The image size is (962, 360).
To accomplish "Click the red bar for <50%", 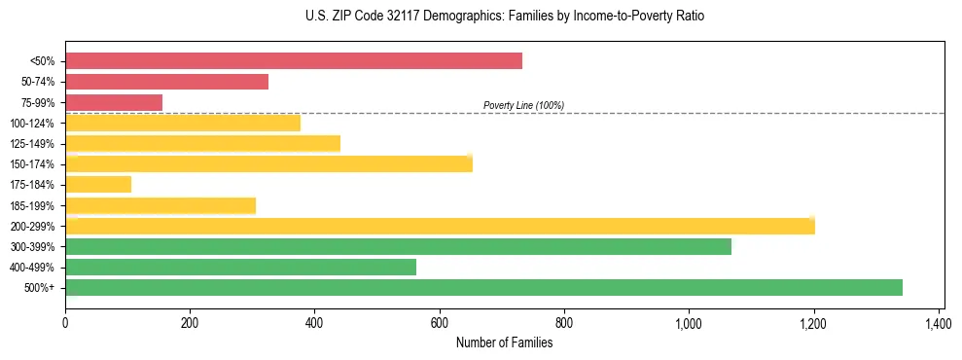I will tap(293, 61).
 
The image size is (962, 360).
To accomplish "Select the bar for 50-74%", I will tap(166, 82).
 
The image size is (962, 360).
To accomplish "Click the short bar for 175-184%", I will tap(98, 184).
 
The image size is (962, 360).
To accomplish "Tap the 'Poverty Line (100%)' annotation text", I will tap(523, 105).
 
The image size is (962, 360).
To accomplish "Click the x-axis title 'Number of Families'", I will tap(504, 342).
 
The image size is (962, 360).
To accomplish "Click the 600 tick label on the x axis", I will tap(440, 322).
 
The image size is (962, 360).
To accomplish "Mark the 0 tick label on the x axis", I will tap(65, 322).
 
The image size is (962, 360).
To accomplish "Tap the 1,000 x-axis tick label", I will tap(689, 322).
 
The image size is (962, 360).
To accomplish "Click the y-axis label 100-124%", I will tap(32, 124).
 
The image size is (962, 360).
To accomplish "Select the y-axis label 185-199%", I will tap(32, 205).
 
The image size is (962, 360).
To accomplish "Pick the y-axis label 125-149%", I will tap(32, 144).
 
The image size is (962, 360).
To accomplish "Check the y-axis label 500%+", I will tap(40, 288).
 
